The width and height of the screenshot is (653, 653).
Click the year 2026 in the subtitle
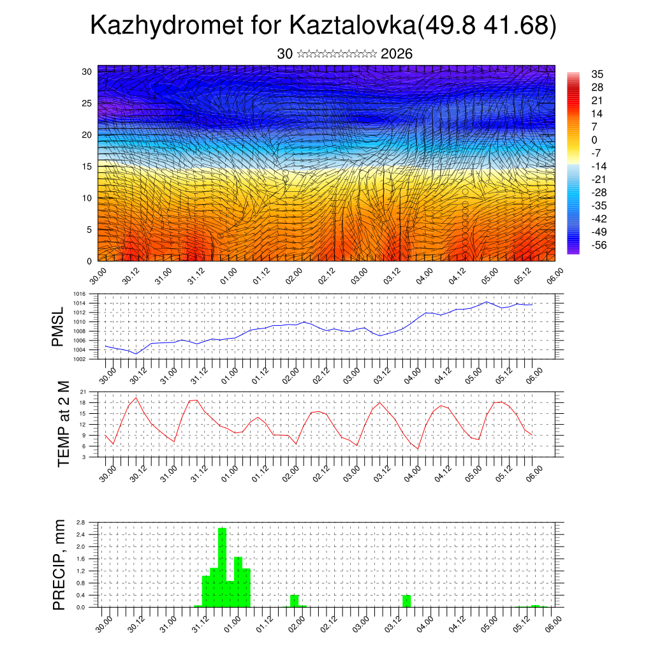(396, 54)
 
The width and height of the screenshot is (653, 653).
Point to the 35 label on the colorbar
(598, 74)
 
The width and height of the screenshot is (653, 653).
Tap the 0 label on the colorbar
(594, 140)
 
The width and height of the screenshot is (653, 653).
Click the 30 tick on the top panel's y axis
(87, 71)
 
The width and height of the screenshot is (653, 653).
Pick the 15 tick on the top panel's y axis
(87, 166)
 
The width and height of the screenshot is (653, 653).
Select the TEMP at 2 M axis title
(63, 423)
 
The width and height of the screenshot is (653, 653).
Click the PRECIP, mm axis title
(59, 564)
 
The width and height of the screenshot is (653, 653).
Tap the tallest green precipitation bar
(223, 566)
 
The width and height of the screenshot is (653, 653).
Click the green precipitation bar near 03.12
(407, 600)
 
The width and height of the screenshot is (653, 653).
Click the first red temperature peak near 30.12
(136, 397)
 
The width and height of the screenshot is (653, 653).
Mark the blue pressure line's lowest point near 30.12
(136, 354)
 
